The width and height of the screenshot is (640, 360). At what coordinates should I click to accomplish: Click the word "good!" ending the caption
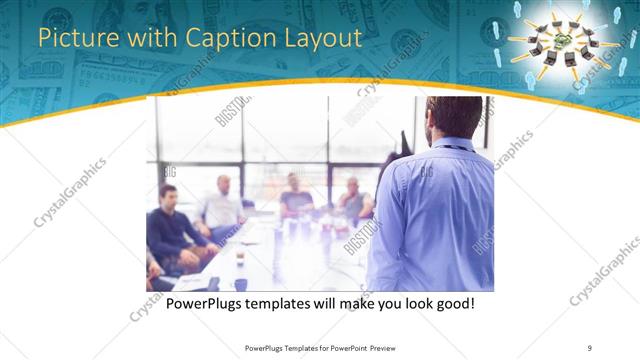(452, 303)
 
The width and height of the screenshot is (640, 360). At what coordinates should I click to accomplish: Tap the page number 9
(590, 348)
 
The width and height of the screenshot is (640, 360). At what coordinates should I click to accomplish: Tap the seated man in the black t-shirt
(295, 196)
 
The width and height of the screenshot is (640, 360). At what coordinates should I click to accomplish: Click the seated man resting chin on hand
(352, 201)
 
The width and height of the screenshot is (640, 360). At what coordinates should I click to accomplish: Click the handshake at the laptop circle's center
(564, 39)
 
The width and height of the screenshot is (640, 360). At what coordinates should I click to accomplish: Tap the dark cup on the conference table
(240, 258)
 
